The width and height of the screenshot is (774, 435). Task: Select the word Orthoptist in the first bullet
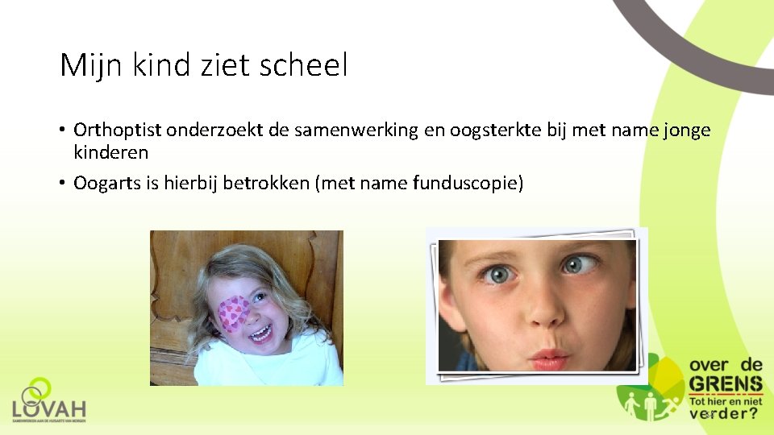[x=119, y=130]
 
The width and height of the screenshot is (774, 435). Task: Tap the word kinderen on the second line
[x=110, y=151]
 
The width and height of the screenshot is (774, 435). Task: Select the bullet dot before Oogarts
[x=63, y=184]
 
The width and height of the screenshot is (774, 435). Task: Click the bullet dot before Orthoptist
[x=63, y=130]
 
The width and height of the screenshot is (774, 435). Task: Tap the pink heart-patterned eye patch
[x=234, y=313]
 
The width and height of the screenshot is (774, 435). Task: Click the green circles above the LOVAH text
[x=36, y=390]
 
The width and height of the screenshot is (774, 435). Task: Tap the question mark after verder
[x=751, y=413]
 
